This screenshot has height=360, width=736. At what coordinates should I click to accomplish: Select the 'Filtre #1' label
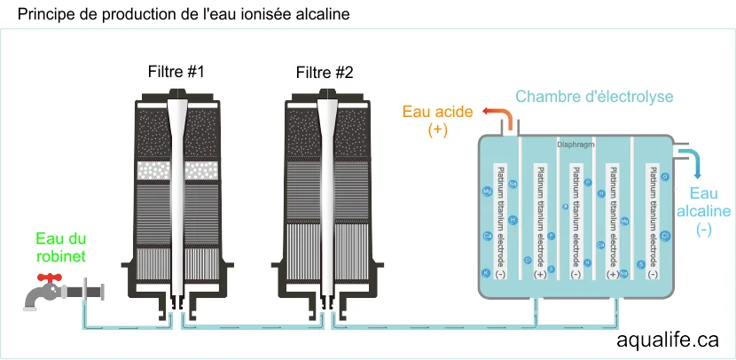[176, 72]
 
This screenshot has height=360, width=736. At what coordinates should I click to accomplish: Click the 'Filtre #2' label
[325, 72]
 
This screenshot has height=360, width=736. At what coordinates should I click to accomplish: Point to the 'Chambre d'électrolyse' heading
[594, 97]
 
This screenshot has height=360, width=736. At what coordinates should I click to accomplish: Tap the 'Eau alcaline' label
[703, 202]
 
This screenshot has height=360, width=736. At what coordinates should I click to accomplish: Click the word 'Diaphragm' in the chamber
[575, 142]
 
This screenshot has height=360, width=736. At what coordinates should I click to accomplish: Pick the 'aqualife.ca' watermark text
[668, 340]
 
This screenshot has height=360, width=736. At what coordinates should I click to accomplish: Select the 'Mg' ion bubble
[487, 191]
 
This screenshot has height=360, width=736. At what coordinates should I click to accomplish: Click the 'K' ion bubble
[486, 273]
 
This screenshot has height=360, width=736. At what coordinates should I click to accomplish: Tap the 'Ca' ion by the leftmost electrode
[487, 236]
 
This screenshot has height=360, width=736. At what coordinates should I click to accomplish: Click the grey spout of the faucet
[35, 302]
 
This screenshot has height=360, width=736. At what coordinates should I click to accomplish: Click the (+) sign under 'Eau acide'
[437, 130]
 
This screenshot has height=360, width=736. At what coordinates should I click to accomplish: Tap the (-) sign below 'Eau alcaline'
[704, 230]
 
